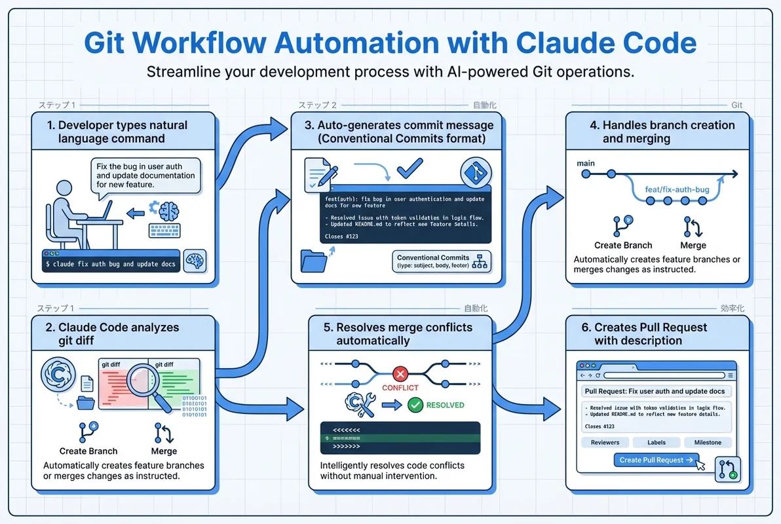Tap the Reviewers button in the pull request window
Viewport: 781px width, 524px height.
pos(605,442)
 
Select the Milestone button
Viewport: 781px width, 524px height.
pos(708,442)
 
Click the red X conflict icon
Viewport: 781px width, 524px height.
pos(400,374)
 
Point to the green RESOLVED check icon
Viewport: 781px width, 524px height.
pos(415,405)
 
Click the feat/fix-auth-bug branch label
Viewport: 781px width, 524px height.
pos(677,190)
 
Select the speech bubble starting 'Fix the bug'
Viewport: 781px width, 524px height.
pos(145,176)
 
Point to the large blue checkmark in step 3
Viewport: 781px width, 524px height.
pos(410,168)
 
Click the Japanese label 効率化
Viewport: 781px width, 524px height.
pos(732,308)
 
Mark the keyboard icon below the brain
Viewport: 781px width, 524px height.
pos(165,231)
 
